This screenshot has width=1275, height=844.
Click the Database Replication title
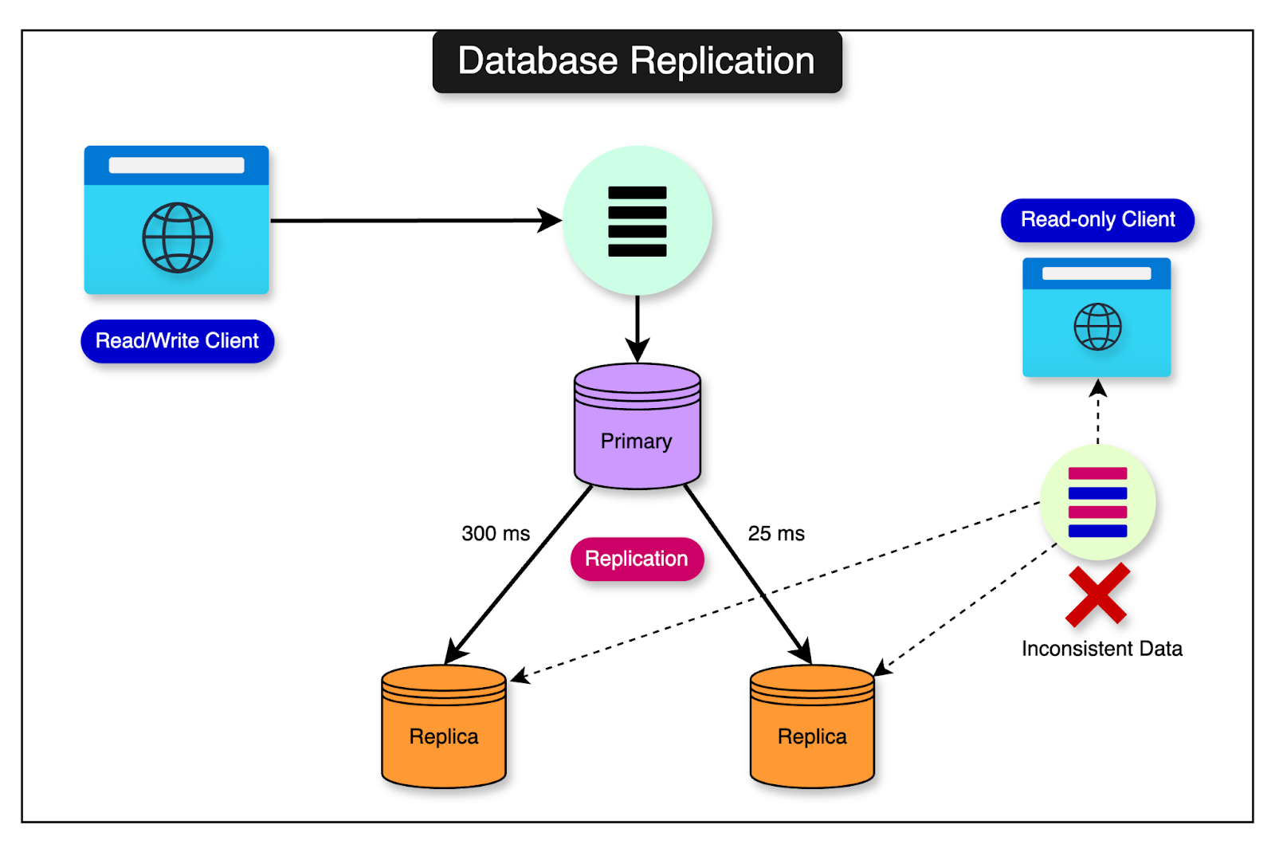coord(637,61)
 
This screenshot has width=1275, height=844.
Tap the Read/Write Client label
coord(177,341)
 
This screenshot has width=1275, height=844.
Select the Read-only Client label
coord(1097,220)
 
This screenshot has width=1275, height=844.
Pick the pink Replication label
coord(637,559)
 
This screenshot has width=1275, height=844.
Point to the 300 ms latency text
coord(496,533)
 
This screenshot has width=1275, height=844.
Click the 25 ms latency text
coord(776,533)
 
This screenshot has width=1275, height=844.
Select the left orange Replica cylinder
coord(444,729)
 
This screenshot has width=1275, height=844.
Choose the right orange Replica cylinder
coord(812,729)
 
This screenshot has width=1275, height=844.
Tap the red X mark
coord(1097,595)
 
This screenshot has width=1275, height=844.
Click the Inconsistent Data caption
coord(1101,649)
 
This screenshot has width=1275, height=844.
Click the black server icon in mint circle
coord(637,221)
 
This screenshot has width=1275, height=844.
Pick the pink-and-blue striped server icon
coord(1097,502)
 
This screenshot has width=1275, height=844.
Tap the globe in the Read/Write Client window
coord(177,237)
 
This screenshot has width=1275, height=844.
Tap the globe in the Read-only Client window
coord(1097,327)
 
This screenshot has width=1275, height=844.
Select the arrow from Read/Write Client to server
coord(414,221)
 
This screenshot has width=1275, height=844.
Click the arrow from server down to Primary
coord(637,327)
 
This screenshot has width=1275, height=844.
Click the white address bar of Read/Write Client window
coord(176,165)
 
